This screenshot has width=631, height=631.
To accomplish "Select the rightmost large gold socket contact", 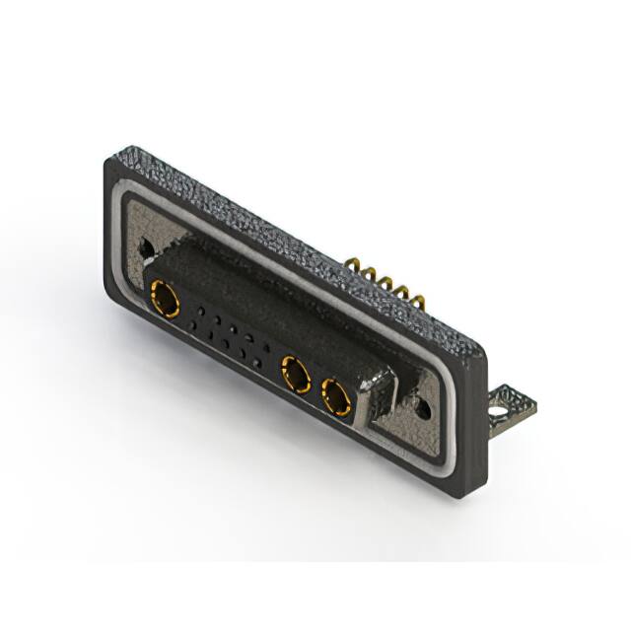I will pos(336,398).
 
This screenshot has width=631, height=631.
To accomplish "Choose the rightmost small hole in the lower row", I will pos(258,364).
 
